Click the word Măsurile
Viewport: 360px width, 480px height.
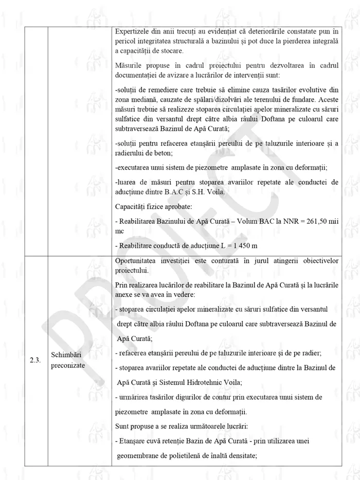130,66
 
